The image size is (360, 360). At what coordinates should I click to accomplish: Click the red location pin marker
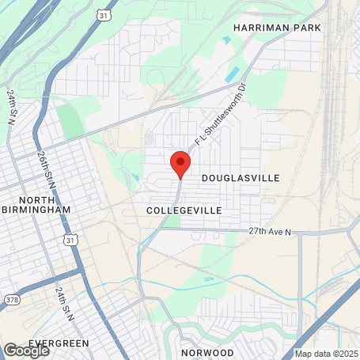tap(180, 164)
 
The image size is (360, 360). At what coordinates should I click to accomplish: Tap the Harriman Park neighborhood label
tap(277, 28)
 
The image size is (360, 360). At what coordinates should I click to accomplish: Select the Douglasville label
tap(241, 179)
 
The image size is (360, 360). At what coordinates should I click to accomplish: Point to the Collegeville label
tap(184, 210)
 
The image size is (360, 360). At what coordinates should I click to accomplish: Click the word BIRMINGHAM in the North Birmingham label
tap(36, 210)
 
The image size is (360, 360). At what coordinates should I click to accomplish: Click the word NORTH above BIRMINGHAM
tap(36, 199)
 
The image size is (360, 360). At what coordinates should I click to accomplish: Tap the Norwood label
tap(207, 352)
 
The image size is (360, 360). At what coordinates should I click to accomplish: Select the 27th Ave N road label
tap(270, 232)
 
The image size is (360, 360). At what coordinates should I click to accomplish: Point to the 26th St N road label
tap(43, 173)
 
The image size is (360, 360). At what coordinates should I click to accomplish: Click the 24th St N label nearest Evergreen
tap(64, 304)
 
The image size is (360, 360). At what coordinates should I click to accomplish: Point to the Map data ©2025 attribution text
tap(326, 354)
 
